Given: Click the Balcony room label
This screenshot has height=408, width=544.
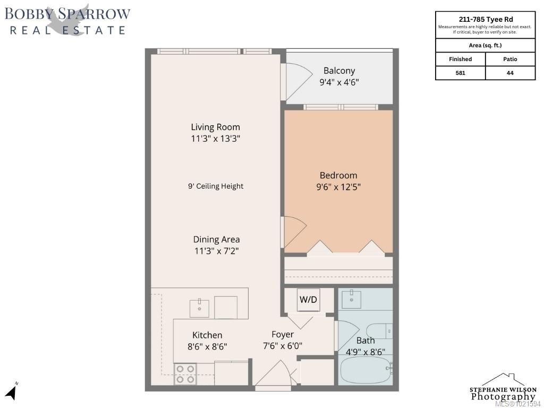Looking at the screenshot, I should pyautogui.click(x=339, y=71).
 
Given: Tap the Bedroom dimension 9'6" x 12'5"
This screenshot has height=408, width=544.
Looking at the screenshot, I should pyautogui.click(x=338, y=187).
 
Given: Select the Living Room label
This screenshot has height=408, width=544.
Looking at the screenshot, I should pyautogui.click(x=215, y=127).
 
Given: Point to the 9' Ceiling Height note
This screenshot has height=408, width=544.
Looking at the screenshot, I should pyautogui.click(x=216, y=186).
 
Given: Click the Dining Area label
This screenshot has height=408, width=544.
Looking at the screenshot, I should pyautogui.click(x=216, y=240).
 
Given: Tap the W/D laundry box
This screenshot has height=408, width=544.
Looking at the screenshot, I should pyautogui.click(x=308, y=300).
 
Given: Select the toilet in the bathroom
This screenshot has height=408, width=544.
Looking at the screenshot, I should pyautogui.click(x=386, y=330).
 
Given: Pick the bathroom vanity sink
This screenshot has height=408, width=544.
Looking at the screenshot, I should pyautogui.click(x=351, y=300).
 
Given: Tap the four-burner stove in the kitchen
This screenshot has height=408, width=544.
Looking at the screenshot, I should pyautogui.click(x=185, y=373).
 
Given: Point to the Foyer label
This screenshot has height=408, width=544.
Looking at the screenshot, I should pyautogui.click(x=283, y=335).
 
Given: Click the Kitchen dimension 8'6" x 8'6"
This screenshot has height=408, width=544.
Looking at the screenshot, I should pyautogui.click(x=208, y=347).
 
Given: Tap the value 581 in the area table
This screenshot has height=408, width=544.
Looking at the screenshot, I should pyautogui.click(x=460, y=73).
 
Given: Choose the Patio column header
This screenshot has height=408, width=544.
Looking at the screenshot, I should pyautogui.click(x=510, y=59).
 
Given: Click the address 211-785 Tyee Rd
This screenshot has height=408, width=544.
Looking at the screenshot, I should pyautogui.click(x=485, y=19).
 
